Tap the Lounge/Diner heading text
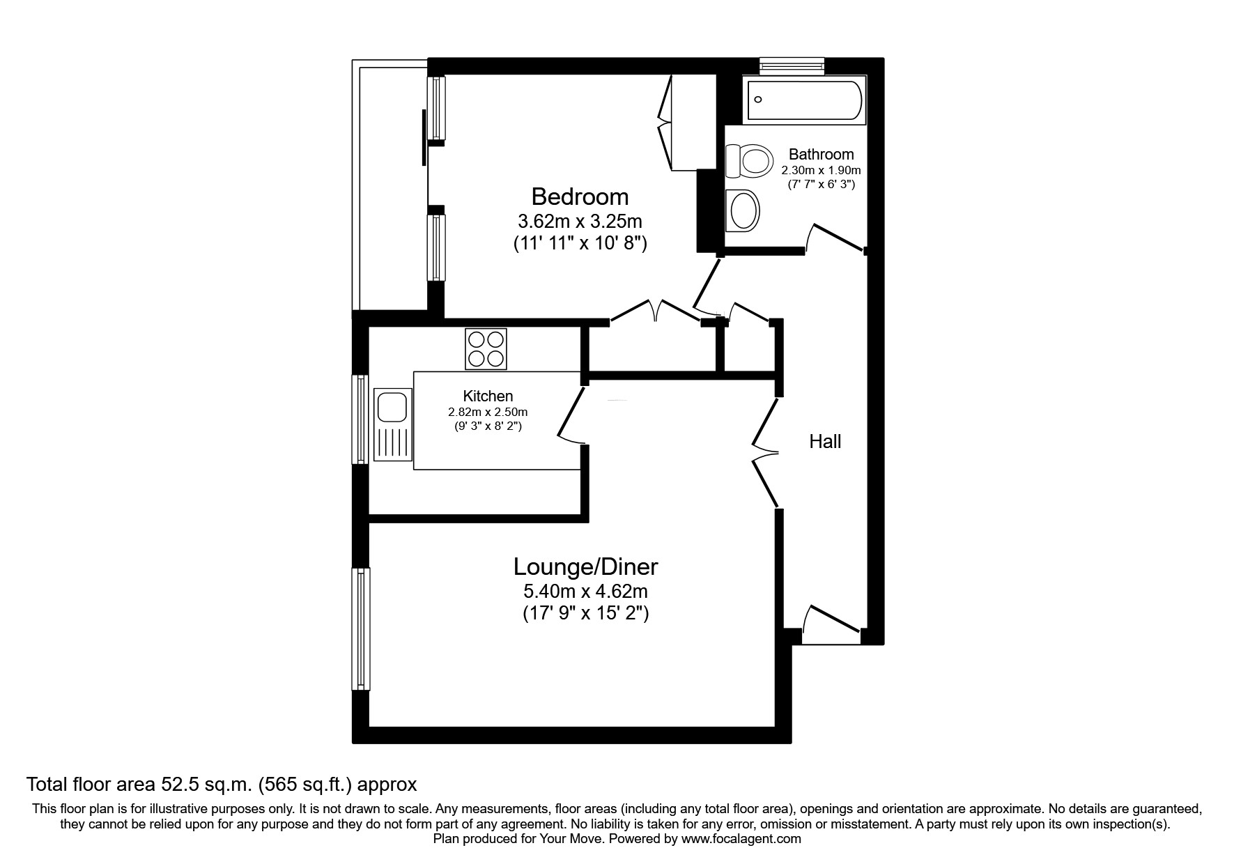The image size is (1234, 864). point(585,566)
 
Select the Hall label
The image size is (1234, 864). point(825,441)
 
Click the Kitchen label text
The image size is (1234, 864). point(488,396)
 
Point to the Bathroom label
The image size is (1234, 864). point(821,154)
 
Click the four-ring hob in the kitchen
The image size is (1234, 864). point(486,349)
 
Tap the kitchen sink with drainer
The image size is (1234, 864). point(392,424)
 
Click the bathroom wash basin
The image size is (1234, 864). point(742,210)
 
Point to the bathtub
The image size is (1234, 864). point(804,101)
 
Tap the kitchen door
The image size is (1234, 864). point(571,415)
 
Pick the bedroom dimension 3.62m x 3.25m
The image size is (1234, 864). point(580,222)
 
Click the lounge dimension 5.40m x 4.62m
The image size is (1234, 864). point(585,592)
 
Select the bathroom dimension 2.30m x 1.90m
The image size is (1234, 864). point(821,170)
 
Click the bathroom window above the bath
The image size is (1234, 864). point(792,65)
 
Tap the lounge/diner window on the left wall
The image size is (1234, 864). point(361,628)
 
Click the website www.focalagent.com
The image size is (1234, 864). point(741,839)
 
